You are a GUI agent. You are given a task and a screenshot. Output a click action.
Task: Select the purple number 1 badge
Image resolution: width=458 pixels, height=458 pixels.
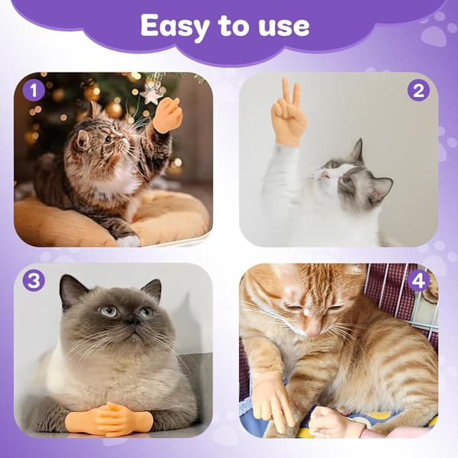pos(34,91)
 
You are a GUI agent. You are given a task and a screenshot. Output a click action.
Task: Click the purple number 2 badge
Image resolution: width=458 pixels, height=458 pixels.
pos(418,91)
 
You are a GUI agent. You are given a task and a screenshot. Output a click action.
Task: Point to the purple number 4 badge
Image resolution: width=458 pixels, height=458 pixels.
pos(418,281)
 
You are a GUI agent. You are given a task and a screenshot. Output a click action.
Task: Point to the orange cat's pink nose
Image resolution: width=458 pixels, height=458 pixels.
pos(313,332)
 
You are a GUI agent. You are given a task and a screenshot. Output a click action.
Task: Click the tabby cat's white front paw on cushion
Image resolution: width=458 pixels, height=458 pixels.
pos(128,240)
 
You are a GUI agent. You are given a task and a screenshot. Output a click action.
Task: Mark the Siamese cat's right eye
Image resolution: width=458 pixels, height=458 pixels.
pos(108,311)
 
